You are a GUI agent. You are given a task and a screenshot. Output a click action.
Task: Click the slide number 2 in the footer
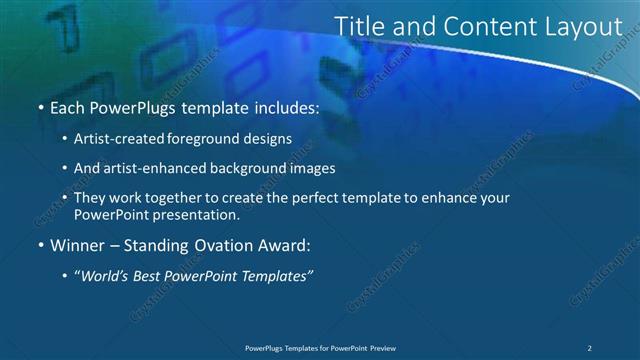pyautogui.click(x=590, y=347)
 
